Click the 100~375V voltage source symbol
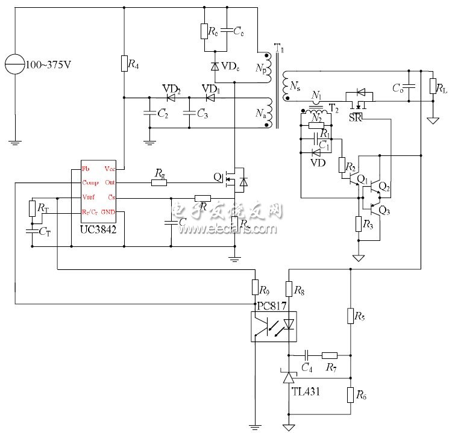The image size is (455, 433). (13, 63)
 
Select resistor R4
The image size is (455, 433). (124, 63)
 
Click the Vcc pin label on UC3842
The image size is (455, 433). (109, 169)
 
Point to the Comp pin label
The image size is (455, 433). (91, 183)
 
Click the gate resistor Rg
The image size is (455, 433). (159, 182)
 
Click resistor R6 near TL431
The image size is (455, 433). (350, 395)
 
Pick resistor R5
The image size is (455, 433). (350, 315)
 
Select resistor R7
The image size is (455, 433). (330, 355)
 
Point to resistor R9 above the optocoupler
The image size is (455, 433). (254, 289)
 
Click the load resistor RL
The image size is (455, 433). (432, 86)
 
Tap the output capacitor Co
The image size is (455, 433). (409, 86)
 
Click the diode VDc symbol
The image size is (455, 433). (215, 65)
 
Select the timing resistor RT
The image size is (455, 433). (32, 208)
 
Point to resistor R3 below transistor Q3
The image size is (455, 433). (359, 224)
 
